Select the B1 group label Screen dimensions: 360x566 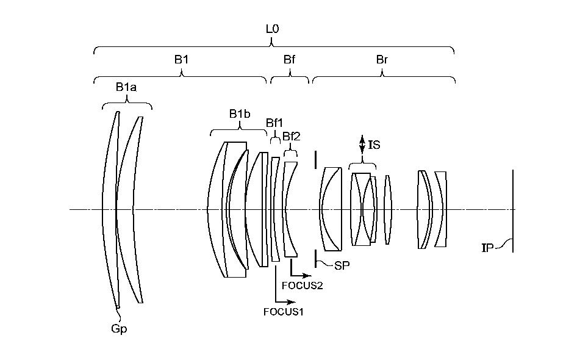pyautogui.click(x=181, y=60)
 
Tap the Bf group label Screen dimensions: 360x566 pyautogui.click(x=290, y=60)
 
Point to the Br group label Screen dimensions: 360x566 pyautogui.click(x=382, y=60)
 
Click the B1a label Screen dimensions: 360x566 pyautogui.click(x=126, y=87)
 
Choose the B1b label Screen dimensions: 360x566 pyautogui.click(x=240, y=113)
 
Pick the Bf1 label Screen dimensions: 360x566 pyautogui.click(x=274, y=123)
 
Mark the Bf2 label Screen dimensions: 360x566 pyautogui.click(x=292, y=135)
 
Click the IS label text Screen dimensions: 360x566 pyautogui.click(x=374, y=144)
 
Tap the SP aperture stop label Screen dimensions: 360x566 pyautogui.click(x=342, y=265)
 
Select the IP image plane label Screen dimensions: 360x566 pyautogui.click(x=487, y=248)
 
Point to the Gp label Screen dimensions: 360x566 pyautogui.click(x=119, y=328)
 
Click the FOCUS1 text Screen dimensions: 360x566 pyautogui.click(x=284, y=312)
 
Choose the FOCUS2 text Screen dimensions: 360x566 pyautogui.click(x=303, y=284)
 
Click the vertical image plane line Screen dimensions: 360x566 pyautogui.click(x=513, y=211)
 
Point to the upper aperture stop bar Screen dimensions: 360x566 pyautogui.click(x=315, y=159)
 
